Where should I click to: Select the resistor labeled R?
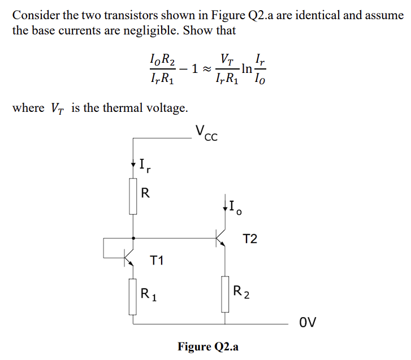(x=133, y=196)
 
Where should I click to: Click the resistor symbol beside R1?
(x=133, y=297)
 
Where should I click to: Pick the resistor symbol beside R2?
(x=225, y=294)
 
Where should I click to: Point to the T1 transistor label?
(x=157, y=261)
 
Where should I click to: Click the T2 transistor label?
(x=250, y=239)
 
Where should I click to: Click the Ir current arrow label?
(x=144, y=167)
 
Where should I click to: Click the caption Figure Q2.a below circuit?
(x=208, y=346)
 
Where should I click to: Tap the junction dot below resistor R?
(x=133, y=238)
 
